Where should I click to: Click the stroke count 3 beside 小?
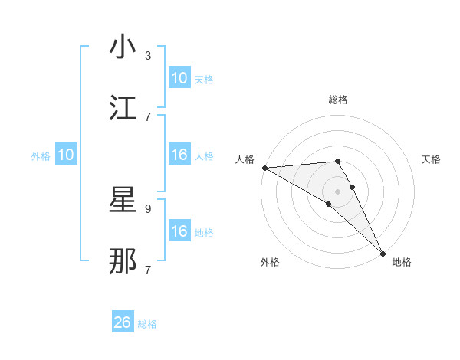[x=148, y=55]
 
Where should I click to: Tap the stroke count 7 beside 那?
[x=148, y=269]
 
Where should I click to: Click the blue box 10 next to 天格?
[x=179, y=78]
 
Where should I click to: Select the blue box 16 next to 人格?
[x=179, y=155]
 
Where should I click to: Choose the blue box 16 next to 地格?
[x=179, y=231]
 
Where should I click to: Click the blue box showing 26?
[x=123, y=322]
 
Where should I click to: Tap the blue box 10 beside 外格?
[x=66, y=155]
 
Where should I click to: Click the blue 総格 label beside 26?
[x=147, y=324]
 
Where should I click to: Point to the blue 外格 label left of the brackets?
[x=41, y=156]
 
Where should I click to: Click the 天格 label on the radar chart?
[x=432, y=159]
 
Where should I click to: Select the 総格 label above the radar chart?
[x=338, y=100]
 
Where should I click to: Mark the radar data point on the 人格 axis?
[x=264, y=168]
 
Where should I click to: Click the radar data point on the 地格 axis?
[x=383, y=253]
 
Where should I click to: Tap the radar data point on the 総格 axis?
[x=337, y=161]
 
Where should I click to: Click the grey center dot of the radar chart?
[x=338, y=191]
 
